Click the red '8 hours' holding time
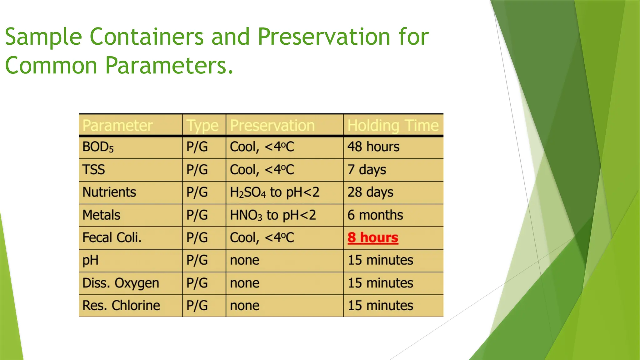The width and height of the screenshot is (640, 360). (x=372, y=237)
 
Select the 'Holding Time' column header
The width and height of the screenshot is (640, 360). (x=393, y=125)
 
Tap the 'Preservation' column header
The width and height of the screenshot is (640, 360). (x=272, y=125)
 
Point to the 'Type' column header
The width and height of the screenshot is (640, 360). (x=202, y=126)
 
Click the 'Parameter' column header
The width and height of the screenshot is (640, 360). (x=117, y=125)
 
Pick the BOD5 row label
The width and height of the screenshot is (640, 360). (x=98, y=147)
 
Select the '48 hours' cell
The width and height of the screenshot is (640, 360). (x=373, y=147)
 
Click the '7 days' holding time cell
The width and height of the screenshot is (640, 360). (x=367, y=170)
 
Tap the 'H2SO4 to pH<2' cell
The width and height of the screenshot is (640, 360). (x=274, y=192)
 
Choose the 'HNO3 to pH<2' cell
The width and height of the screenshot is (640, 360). (x=273, y=215)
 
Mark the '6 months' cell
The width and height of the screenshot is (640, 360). (x=375, y=215)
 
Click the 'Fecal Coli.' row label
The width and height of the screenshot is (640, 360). (x=112, y=237)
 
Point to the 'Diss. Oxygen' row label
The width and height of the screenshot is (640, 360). (x=121, y=283)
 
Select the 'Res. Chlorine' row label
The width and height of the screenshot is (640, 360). (x=121, y=305)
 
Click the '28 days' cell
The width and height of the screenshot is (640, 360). (x=370, y=192)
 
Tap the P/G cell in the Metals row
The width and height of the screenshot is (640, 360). (x=197, y=215)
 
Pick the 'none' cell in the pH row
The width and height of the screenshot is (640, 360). (x=244, y=260)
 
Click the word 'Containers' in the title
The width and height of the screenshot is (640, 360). (x=147, y=37)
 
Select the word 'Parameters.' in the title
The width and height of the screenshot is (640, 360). (x=169, y=65)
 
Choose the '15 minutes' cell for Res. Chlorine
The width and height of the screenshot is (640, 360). (x=380, y=305)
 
